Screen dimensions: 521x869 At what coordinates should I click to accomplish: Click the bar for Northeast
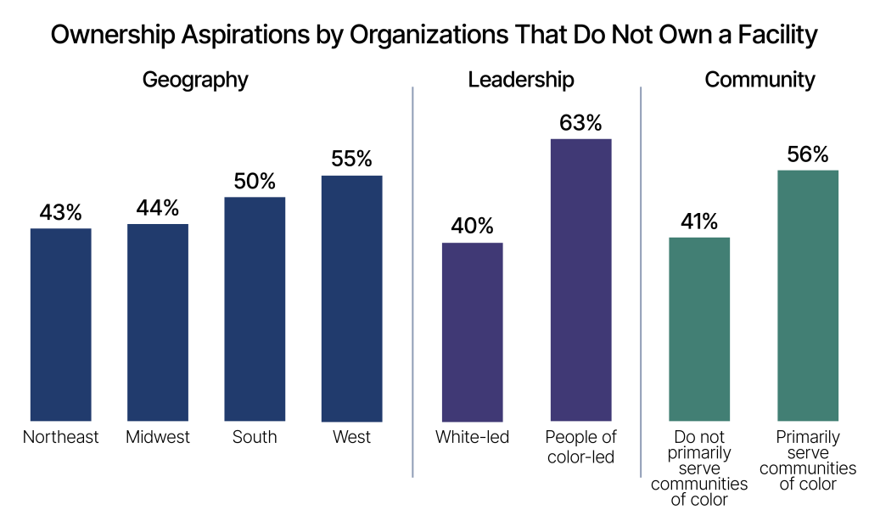pyautogui.click(x=60, y=325)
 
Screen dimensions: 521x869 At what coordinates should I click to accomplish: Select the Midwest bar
pyautogui.click(x=158, y=322)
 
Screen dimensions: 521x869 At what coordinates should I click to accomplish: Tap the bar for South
pyautogui.click(x=255, y=309)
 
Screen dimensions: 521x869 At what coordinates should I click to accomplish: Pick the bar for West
pyautogui.click(x=351, y=299)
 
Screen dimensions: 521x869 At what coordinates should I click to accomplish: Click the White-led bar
pyautogui.click(x=472, y=332)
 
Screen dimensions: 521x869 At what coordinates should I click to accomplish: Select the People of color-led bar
pyautogui.click(x=580, y=280)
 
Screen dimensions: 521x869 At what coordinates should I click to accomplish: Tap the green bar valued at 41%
pyautogui.click(x=699, y=329)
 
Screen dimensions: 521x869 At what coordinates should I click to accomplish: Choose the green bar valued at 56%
pyautogui.click(x=807, y=295)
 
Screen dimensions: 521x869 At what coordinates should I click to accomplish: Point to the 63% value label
pyautogui.click(x=580, y=123)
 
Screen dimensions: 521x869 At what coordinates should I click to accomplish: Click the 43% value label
pyautogui.click(x=60, y=212)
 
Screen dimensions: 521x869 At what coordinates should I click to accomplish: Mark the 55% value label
pyautogui.click(x=351, y=159)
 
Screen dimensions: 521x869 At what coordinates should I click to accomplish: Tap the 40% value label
pyautogui.click(x=472, y=226)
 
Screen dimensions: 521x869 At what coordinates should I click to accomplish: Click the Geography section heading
pyautogui.click(x=195, y=80)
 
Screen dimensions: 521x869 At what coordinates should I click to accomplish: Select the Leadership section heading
pyautogui.click(x=521, y=80)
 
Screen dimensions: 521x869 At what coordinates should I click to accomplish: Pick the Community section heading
pyautogui.click(x=760, y=80)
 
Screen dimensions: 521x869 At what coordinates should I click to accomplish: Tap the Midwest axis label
pyautogui.click(x=158, y=438)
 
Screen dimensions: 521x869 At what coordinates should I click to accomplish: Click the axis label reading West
pyautogui.click(x=351, y=438)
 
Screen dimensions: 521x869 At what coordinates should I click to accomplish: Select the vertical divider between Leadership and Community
pyautogui.click(x=641, y=280)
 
